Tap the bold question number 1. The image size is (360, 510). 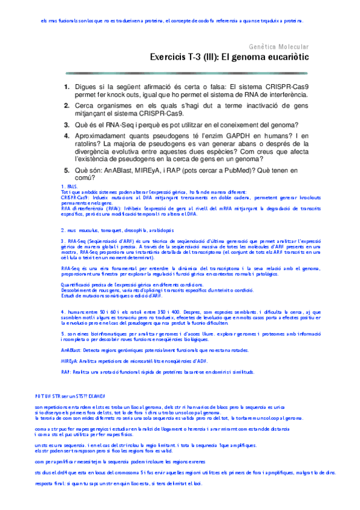pyautogui.click(x=67, y=87)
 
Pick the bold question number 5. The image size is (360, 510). pyautogui.click(x=67, y=171)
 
